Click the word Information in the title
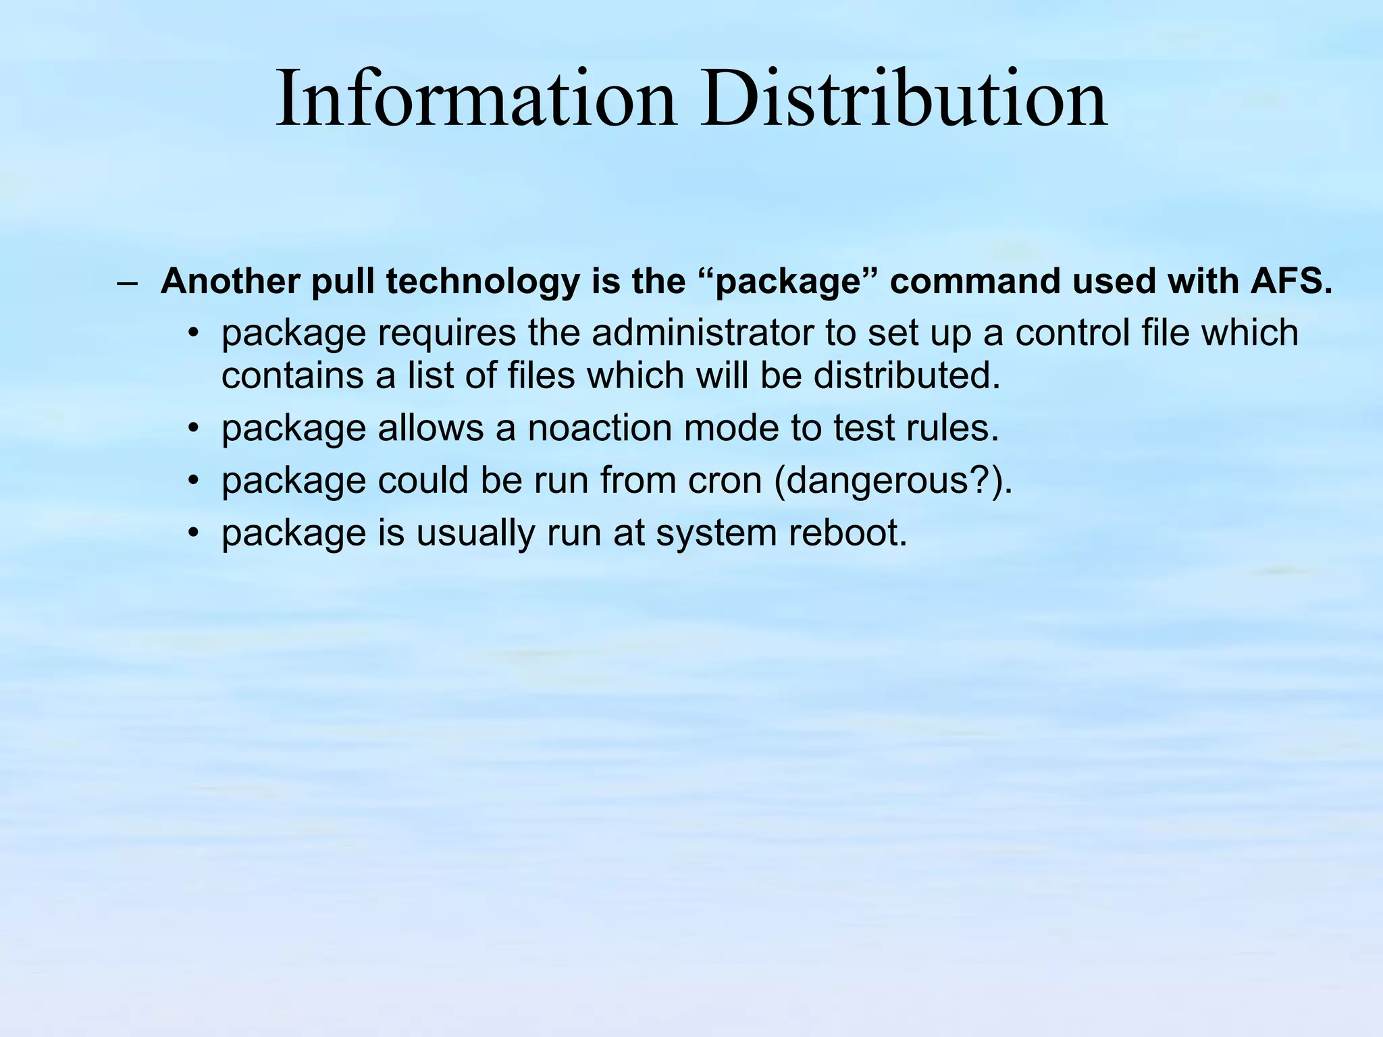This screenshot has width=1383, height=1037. tap(476, 99)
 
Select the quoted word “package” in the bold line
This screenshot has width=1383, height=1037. tap(787, 282)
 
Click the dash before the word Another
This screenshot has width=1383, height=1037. tap(127, 282)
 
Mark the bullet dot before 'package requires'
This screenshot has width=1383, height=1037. tap(194, 334)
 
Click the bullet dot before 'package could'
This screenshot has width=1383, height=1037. tap(194, 481)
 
